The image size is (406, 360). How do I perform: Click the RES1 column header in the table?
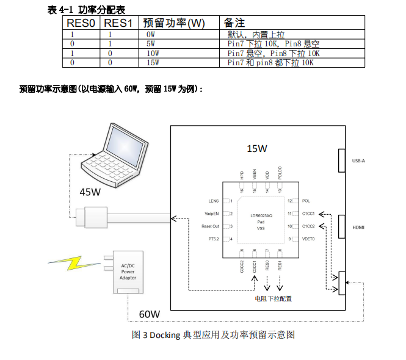click(118, 23)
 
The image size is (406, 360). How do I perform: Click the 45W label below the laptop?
click(90, 192)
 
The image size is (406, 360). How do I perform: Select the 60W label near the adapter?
click(150, 314)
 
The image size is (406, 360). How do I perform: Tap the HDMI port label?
click(359, 227)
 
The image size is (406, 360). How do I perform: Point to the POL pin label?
click(306, 201)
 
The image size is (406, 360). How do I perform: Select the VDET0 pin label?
click(308, 239)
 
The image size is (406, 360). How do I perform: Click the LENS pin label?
click(213, 201)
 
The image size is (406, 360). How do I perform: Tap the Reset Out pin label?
click(210, 226)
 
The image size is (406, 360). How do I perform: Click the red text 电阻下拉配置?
click(273, 299)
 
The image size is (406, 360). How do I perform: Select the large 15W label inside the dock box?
click(256, 148)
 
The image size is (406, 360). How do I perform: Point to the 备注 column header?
click(234, 23)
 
